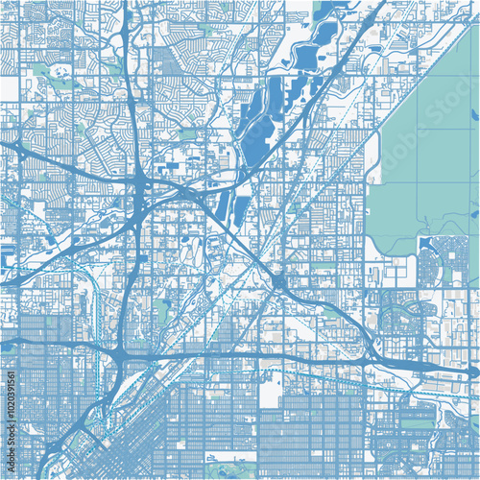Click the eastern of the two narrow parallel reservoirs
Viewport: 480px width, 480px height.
point(241,206)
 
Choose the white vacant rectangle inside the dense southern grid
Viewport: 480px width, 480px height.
point(272,390)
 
